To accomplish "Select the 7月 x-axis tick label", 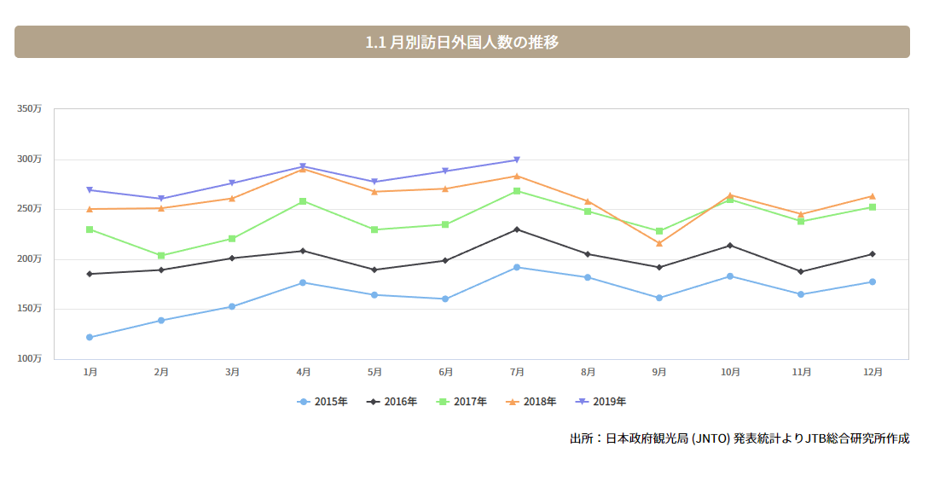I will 517,372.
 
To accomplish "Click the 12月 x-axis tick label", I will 872,372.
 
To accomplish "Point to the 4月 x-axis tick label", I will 303,372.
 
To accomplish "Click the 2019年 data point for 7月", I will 517,160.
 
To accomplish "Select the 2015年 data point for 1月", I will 90,337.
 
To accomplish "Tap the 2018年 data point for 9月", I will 659,243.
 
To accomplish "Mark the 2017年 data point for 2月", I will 161,255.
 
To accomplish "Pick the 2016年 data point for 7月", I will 517,229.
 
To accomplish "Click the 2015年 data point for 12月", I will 872,281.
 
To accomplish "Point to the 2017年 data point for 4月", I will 303,201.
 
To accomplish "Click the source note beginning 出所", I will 739,438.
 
